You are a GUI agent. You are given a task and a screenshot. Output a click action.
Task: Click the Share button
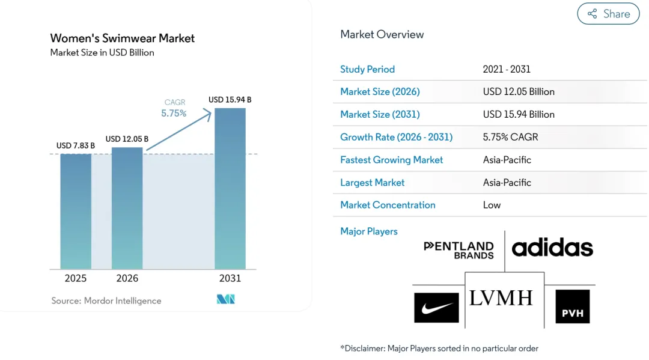(608, 14)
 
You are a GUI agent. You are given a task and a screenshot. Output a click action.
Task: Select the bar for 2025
(76, 212)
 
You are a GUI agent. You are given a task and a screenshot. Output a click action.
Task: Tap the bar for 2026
(127, 208)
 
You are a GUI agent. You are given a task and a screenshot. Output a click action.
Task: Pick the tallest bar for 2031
(230, 189)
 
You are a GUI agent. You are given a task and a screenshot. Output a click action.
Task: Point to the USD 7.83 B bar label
(75, 145)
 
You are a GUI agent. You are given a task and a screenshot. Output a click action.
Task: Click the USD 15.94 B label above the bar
(230, 100)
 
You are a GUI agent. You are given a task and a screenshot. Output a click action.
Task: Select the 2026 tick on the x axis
(127, 278)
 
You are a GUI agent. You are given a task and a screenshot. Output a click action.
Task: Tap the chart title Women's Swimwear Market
(123, 38)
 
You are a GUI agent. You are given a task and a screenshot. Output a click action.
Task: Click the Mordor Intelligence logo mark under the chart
(225, 299)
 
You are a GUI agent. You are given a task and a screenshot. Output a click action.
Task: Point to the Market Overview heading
(382, 34)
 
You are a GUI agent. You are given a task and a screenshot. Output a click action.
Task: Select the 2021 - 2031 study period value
(507, 69)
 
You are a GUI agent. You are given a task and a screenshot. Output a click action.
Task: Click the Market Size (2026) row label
(380, 91)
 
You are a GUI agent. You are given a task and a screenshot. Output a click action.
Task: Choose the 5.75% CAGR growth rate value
(510, 137)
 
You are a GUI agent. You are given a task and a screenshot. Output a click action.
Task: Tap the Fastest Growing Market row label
(392, 160)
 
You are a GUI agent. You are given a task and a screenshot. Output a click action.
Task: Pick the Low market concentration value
(492, 205)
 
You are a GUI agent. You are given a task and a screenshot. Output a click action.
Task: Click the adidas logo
(553, 247)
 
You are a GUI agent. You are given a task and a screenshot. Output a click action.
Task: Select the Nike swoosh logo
(436, 308)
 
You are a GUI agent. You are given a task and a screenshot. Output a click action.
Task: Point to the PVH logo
(573, 307)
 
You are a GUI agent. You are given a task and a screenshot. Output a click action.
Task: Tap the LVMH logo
(501, 298)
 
